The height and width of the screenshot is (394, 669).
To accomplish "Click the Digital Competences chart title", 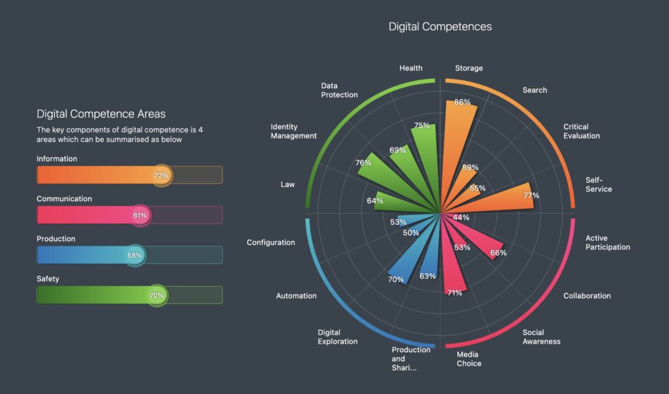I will click(x=440, y=27).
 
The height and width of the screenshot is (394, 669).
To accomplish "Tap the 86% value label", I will click(x=463, y=103).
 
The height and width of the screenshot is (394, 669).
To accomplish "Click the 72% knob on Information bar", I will click(x=161, y=175).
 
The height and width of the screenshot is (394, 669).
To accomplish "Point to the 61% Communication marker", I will click(x=140, y=215).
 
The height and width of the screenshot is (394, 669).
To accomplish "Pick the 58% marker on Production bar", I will click(x=135, y=255).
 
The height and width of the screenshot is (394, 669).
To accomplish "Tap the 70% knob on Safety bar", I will click(x=157, y=295).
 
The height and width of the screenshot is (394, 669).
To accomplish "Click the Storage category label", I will click(x=468, y=68).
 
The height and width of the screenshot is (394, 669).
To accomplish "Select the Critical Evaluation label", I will click(x=581, y=131).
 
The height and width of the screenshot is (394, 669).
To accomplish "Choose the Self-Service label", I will click(x=598, y=184).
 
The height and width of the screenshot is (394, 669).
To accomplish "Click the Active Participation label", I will click(x=607, y=242).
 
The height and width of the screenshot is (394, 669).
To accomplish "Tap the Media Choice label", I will click(x=468, y=359).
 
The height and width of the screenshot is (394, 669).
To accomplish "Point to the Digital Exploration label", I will click(x=337, y=337).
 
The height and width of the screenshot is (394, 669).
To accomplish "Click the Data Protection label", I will click(x=339, y=90).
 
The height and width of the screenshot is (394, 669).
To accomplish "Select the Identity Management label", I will click(x=293, y=131).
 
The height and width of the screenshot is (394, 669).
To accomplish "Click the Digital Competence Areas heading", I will click(x=101, y=114).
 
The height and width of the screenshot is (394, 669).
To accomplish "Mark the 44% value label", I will click(x=461, y=218).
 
